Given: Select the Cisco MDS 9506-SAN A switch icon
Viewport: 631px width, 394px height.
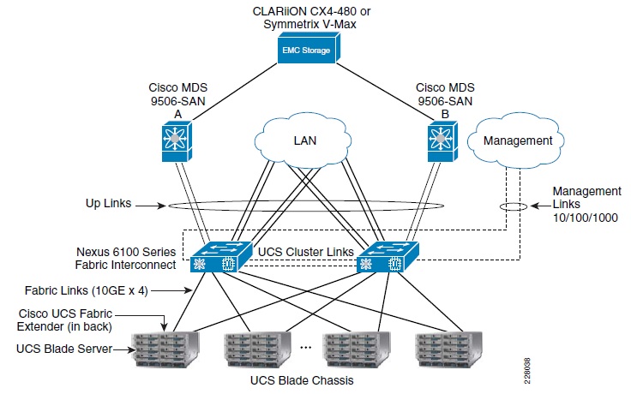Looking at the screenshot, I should click(178, 140).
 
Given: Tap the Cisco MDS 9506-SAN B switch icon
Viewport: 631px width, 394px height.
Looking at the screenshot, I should click(441, 140).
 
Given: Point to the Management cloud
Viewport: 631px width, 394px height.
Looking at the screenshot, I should click(517, 140).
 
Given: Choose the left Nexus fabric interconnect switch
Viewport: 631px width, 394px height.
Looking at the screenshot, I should click(215, 257).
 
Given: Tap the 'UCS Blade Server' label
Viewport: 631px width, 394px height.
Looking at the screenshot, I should click(63, 349).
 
